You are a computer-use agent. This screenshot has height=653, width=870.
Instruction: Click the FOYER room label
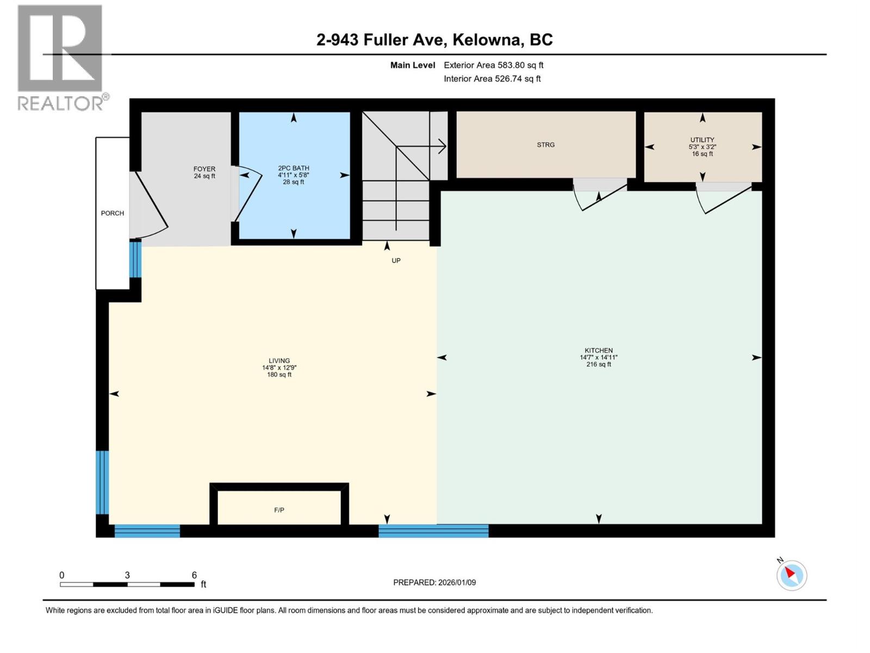click(204, 169)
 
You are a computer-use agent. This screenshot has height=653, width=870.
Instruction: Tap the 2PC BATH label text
click(294, 168)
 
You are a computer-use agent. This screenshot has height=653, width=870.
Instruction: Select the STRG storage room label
click(545, 145)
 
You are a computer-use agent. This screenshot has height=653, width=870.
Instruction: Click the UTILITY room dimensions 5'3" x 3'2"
click(702, 147)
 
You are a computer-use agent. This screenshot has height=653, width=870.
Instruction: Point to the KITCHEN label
click(599, 350)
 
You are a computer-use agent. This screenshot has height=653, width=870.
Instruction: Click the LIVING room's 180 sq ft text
click(279, 375)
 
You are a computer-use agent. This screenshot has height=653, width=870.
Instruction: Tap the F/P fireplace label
click(279, 510)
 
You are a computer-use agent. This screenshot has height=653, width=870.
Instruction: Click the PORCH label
click(113, 213)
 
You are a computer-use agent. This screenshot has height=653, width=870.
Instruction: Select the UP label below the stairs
click(396, 261)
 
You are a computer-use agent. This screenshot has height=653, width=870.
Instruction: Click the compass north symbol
click(791, 575)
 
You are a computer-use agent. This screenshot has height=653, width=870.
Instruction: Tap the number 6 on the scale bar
click(194, 575)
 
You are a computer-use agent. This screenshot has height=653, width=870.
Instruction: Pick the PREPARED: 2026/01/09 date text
click(434, 582)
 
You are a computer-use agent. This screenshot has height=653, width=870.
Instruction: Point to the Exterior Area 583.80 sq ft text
click(493, 65)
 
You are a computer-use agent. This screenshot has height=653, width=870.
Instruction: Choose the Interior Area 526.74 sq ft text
click(492, 79)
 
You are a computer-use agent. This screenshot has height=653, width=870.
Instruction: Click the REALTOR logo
click(61, 57)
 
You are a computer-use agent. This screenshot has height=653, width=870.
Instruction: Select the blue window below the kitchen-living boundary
click(433, 531)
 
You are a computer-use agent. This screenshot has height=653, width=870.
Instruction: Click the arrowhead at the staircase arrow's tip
click(444, 146)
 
